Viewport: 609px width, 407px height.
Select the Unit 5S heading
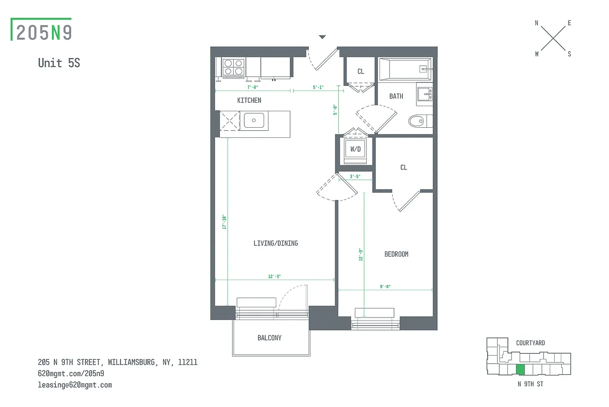59,63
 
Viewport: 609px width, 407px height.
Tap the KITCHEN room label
249,100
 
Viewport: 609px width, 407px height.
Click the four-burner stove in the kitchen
234,67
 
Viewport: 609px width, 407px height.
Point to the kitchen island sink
253,121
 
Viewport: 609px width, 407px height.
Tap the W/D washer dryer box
355,150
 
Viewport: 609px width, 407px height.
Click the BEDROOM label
396,254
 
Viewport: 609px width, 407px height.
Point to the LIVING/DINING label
275,243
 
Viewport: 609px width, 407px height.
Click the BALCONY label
269,338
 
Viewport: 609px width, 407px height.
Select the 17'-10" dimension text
223,222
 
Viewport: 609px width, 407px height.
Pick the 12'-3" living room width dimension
274,276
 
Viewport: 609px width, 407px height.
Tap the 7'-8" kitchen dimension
252,88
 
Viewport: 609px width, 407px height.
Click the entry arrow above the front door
322,37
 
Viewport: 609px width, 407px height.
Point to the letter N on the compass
536,23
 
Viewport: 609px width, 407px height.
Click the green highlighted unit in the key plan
520,370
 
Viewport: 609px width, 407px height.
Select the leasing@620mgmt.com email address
75,385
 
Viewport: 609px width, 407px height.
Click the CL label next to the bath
361,72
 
